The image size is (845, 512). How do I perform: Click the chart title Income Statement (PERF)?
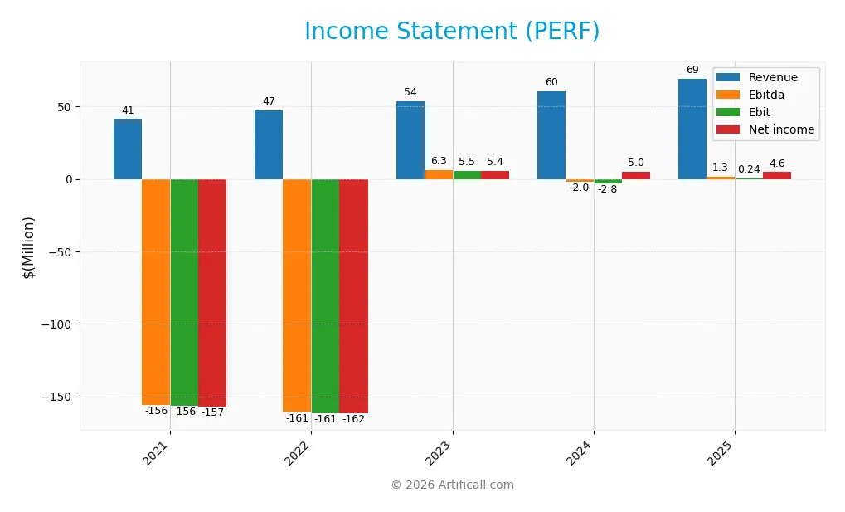tap(452, 32)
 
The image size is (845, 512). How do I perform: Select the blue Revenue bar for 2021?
tap(128, 149)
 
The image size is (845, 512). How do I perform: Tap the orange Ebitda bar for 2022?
tap(297, 295)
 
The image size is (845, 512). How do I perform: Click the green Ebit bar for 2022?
tap(325, 295)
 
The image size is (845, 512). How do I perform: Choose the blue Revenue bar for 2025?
tap(692, 129)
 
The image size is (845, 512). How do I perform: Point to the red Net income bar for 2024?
tap(636, 175)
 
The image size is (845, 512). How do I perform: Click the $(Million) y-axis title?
tap(28, 246)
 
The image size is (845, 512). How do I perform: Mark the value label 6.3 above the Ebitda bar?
tap(439, 161)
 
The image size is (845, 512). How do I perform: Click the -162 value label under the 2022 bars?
tap(353, 419)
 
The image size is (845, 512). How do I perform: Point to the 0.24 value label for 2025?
tap(749, 169)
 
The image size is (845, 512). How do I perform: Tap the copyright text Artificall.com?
tap(452, 485)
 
